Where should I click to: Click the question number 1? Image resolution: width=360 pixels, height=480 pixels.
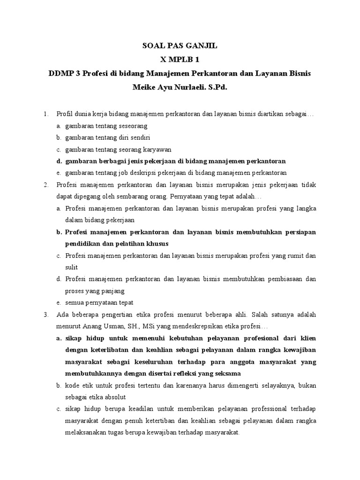(45, 114)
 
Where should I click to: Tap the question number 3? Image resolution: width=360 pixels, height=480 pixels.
(45, 314)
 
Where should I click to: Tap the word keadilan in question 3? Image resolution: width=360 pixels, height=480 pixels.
(149, 409)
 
